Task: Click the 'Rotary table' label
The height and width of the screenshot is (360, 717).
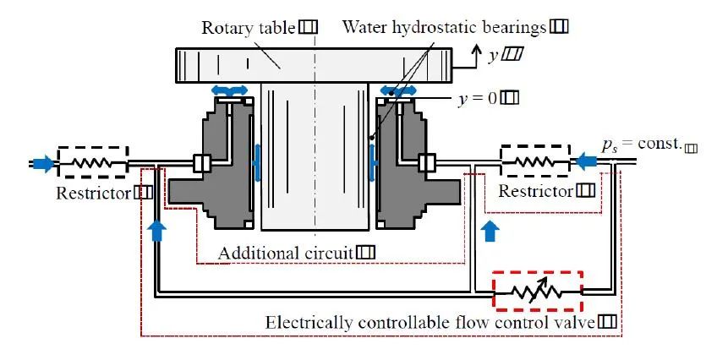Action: point(248,27)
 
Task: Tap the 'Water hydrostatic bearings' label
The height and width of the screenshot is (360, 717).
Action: point(445,26)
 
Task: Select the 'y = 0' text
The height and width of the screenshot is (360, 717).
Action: point(476,98)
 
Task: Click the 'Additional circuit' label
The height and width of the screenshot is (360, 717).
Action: point(286,253)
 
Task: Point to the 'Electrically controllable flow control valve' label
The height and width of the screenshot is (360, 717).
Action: point(430,322)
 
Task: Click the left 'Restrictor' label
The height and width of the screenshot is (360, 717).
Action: point(94,192)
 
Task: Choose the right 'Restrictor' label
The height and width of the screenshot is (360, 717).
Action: point(535,192)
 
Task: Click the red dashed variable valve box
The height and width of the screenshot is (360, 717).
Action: point(539,292)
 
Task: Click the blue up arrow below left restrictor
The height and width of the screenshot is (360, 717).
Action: point(156,228)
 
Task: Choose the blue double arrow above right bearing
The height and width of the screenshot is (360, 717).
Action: point(398,90)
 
